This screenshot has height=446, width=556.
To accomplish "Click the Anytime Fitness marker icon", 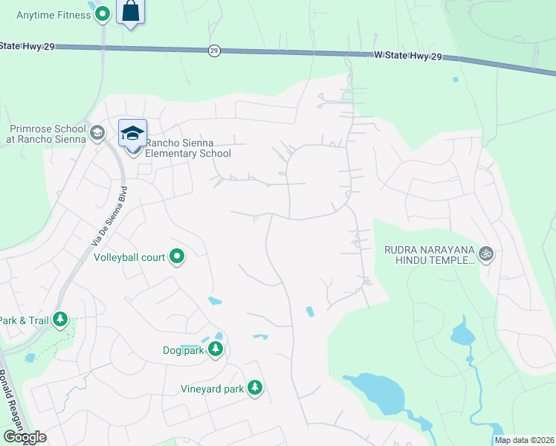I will [103, 14].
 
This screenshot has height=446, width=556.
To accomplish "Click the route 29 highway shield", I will [214, 51].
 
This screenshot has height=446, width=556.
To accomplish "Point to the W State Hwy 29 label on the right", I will [408, 56].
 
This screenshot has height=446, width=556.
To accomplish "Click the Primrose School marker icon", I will [96, 133].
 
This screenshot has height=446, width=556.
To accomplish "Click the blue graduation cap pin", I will [132, 135].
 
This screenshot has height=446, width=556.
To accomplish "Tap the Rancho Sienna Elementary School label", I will [188, 149].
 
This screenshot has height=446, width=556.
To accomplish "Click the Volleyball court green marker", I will [177, 257].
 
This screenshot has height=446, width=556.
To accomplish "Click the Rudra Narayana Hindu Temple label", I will [429, 255].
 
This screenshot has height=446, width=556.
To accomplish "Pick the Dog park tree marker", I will [216, 349].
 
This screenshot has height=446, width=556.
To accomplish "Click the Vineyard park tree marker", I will [255, 388].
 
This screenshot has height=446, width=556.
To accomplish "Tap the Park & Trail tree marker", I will [60, 320].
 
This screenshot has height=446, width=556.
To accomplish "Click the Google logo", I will [25, 437].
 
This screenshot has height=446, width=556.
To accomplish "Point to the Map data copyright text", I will [523, 440].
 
